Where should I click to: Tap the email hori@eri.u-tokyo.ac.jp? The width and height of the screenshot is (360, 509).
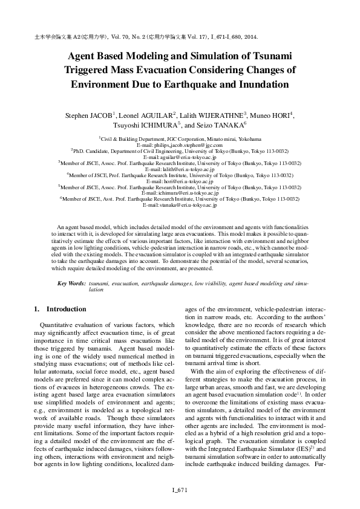[x=180, y=181]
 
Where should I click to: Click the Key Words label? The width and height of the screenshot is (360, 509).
[x=71, y=283]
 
